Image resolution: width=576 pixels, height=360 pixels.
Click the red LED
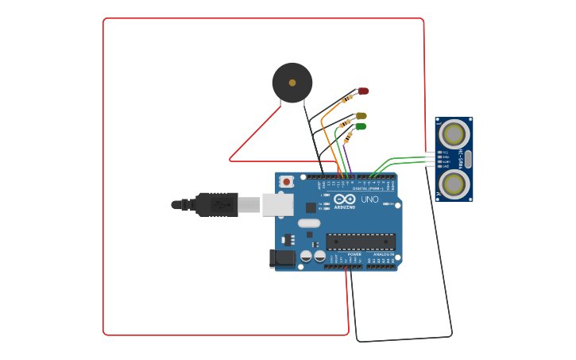pyautogui.click(x=363, y=91)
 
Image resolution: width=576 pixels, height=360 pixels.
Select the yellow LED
pyautogui.click(x=361, y=116)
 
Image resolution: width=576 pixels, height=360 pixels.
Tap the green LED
pyautogui.click(x=360, y=126)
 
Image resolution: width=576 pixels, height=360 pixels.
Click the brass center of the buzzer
pyautogui.click(x=292, y=83)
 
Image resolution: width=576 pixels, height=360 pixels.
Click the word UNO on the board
pyautogui.click(x=370, y=199)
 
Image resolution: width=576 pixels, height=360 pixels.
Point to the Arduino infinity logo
pyautogui.click(x=345, y=199)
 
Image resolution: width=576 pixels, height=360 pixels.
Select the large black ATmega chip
pyautogui.click(x=361, y=242)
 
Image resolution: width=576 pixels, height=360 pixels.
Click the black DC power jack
pyautogui.click(x=282, y=258)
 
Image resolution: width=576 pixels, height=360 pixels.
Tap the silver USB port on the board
pyautogui.click(x=277, y=204)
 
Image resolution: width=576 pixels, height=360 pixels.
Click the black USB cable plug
pyautogui.click(x=217, y=204)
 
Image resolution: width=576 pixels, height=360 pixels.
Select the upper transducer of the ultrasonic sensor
pyautogui.click(x=454, y=134)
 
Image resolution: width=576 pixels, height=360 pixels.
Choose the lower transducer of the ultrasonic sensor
pyautogui.click(x=454, y=184)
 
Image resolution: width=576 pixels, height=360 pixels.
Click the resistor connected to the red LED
pyautogui.click(x=346, y=99)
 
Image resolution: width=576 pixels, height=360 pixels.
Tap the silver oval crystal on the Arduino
pyautogui.click(x=309, y=223)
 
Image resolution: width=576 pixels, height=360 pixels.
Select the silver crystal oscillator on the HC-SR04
pyautogui.click(x=468, y=159)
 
